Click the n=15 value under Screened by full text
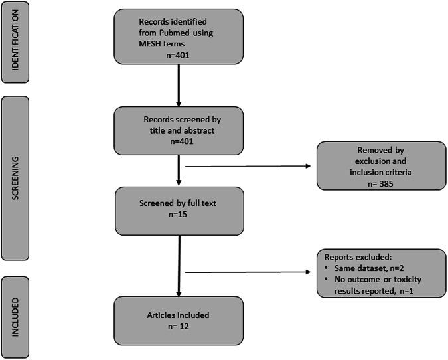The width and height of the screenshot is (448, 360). [177, 215]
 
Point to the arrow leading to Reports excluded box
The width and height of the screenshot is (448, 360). [249, 272]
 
